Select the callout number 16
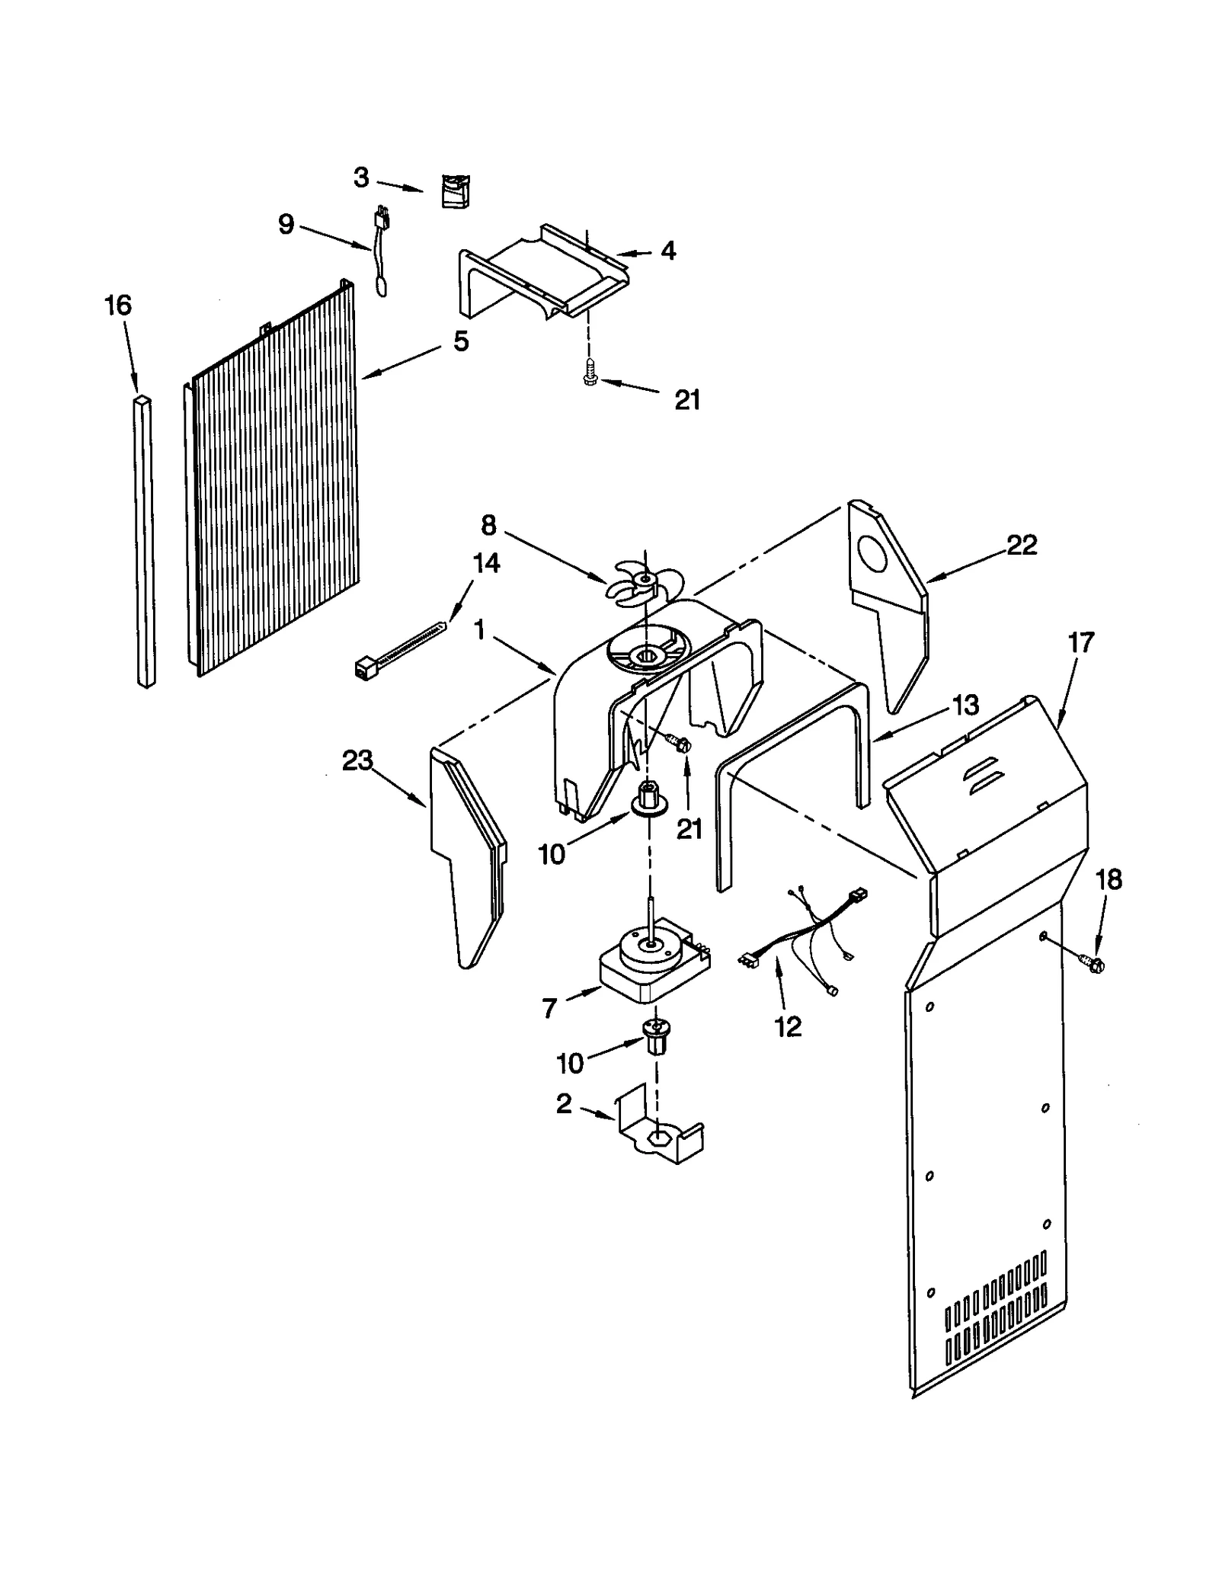[118, 306]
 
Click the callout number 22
[1021, 545]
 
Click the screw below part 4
[587, 374]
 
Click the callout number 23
[357, 760]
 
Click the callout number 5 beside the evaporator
[460, 341]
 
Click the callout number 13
[965, 705]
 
